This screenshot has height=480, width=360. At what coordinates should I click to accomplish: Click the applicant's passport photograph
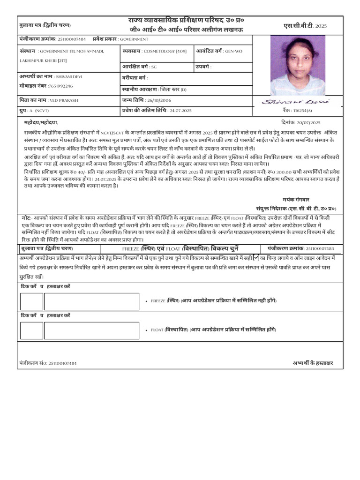298,66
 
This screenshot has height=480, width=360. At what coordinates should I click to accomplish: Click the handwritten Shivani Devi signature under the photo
295,102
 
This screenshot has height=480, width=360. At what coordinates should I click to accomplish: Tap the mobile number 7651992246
61,86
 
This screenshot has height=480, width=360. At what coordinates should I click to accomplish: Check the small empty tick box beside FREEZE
31,301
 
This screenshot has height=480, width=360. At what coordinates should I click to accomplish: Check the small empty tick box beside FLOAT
31,330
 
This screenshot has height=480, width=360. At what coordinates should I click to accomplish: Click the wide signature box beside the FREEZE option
91,301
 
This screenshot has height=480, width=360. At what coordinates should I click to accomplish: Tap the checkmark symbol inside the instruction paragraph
256,257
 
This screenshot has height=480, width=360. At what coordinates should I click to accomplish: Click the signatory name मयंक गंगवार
296,199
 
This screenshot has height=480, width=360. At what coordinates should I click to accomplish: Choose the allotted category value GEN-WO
233,51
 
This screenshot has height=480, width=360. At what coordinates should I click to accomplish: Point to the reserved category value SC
154,67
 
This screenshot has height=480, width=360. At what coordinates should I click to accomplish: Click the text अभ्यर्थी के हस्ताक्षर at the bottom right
313,363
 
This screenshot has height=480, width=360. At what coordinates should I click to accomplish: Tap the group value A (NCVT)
44,110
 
